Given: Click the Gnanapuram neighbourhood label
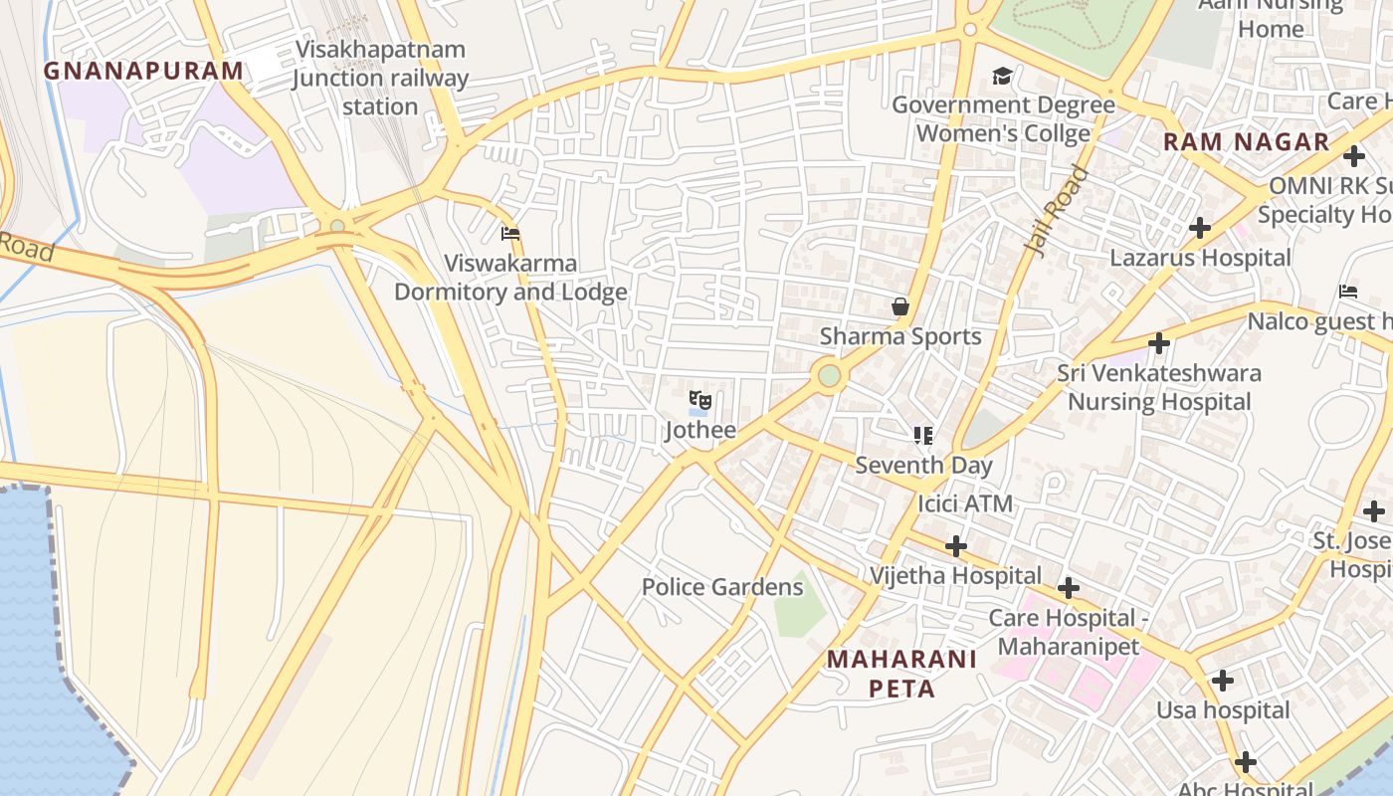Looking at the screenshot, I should [143, 71].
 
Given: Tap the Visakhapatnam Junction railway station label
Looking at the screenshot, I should [380, 78].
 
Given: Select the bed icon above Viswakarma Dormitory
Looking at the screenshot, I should [510, 234].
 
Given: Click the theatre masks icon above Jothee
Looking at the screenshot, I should [700, 401].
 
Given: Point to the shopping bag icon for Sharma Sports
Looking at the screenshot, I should [900, 306].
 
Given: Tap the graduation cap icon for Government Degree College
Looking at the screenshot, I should [1002, 76].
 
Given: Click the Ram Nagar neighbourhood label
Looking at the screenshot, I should [1246, 141].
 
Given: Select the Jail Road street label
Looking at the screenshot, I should [1056, 212].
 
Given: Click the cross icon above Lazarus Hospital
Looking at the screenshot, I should [1200, 228].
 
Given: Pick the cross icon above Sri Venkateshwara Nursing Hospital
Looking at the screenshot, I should [1158, 343].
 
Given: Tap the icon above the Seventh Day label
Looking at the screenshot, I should [923, 435].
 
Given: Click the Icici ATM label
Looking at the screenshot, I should [964, 503].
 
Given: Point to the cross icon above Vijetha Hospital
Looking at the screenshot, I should [955, 545].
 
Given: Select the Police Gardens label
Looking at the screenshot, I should [721, 587].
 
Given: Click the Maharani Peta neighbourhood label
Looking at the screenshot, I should [902, 674].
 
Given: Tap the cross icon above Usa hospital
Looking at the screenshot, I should [1223, 681].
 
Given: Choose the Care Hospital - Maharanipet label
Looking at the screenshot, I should [1068, 632].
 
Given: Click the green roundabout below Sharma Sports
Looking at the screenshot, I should [829, 376].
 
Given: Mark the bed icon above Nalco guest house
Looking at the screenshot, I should [1348, 292].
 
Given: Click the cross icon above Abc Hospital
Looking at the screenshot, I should [1245, 762].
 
